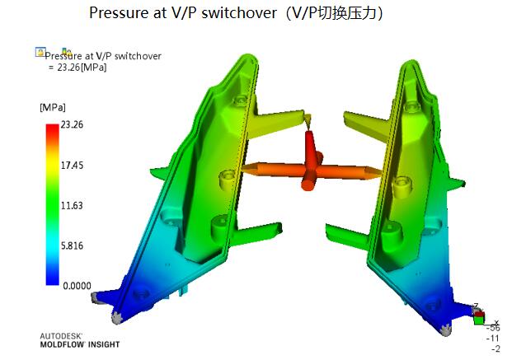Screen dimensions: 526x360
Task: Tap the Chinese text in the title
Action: click(346, 13)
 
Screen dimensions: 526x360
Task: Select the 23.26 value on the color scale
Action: click(72, 125)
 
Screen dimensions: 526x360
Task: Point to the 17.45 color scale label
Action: click(72, 166)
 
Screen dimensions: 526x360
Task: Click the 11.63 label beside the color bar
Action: click(72, 205)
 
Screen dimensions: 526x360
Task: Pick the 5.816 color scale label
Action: click(72, 245)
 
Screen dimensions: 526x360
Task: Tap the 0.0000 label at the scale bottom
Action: click(77, 286)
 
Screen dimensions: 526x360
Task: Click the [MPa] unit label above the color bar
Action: click(53, 107)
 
